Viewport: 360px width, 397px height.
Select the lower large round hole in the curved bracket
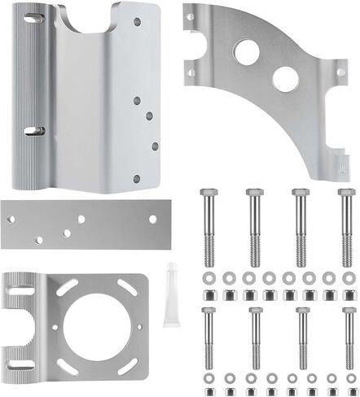284,79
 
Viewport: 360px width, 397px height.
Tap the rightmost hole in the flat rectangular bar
153,220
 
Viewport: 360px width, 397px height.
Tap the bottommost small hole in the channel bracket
137,178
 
